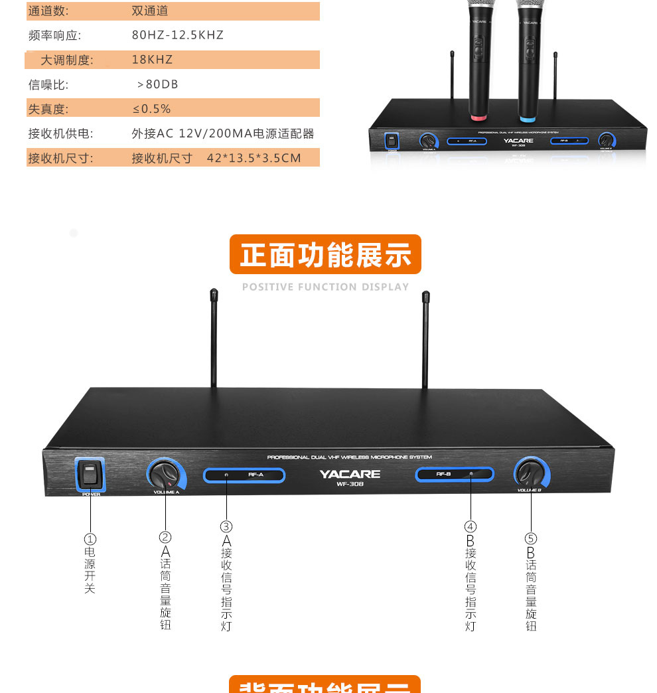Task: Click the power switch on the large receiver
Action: tap(90, 474)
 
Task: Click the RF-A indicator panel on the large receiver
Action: tap(244, 475)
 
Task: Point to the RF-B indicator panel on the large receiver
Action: tap(455, 474)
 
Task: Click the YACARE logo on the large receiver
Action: tap(350, 474)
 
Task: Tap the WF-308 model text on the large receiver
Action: tap(350, 484)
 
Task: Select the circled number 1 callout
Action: tap(90, 539)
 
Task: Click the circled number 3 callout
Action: tap(226, 526)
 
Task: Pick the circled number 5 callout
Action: tap(531, 538)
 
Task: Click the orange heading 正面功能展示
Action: tap(325, 255)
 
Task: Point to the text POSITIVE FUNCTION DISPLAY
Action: tap(325, 287)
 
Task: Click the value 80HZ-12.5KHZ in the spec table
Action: tap(178, 35)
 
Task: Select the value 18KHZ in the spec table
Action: tap(152, 60)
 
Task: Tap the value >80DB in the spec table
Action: tap(157, 84)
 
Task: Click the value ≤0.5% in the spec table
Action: tap(151, 109)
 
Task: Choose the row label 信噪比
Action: tap(48, 84)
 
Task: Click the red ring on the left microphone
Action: tap(479, 117)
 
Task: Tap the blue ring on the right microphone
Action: tap(527, 119)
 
